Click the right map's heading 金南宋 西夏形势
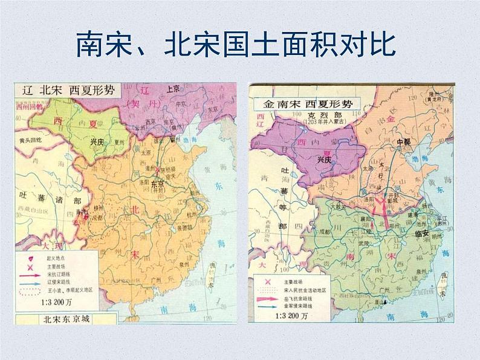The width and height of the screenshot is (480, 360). pyautogui.click(x=308, y=103)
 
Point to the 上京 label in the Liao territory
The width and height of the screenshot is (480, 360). pyautogui.click(x=175, y=88)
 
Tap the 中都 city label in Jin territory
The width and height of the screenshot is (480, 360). pyautogui.click(x=403, y=143)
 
